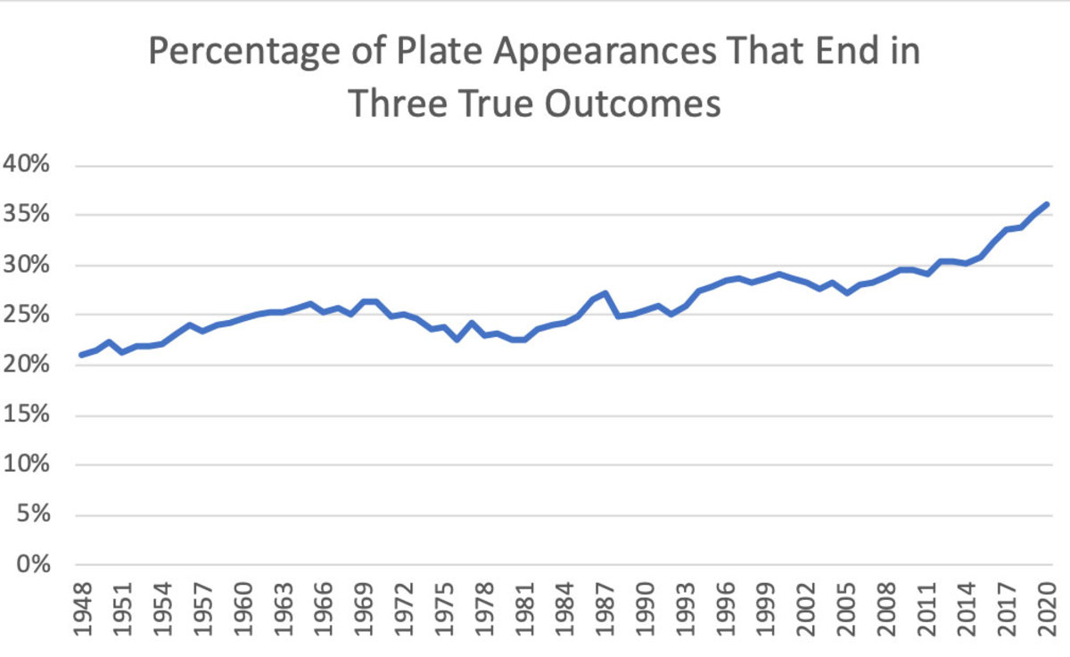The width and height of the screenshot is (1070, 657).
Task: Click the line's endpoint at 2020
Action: [x=1048, y=204]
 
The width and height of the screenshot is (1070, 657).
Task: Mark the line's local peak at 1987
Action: [x=605, y=292]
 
